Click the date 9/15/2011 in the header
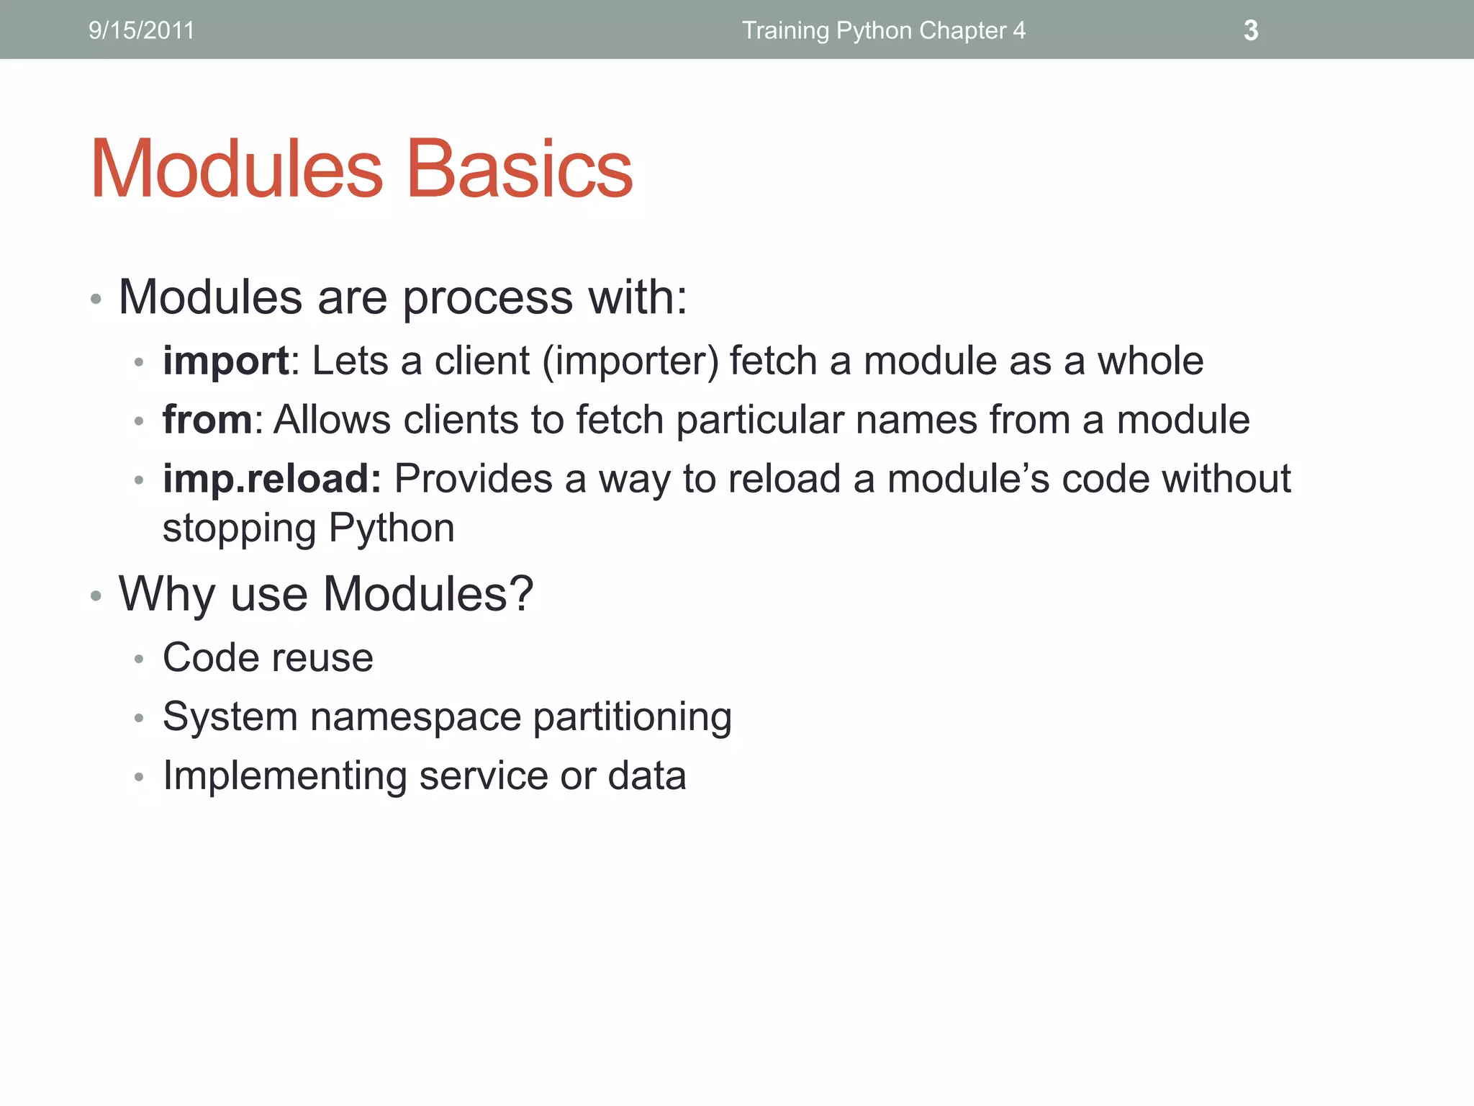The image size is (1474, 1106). tap(141, 30)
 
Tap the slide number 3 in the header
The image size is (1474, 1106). tap(1251, 30)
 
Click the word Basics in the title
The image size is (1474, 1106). tap(519, 169)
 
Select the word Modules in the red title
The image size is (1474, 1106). tap(237, 169)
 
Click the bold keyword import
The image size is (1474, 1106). tap(225, 361)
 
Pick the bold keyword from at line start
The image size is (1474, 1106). tap(207, 420)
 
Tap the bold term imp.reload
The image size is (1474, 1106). tap(271, 479)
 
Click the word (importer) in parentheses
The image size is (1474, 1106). tap(630, 361)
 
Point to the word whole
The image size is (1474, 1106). tap(1149, 361)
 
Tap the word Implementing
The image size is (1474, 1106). tap(284, 776)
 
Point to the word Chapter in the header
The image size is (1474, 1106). tap(961, 30)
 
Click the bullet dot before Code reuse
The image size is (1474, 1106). tap(139, 658)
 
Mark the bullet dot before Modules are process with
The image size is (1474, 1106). tap(96, 299)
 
